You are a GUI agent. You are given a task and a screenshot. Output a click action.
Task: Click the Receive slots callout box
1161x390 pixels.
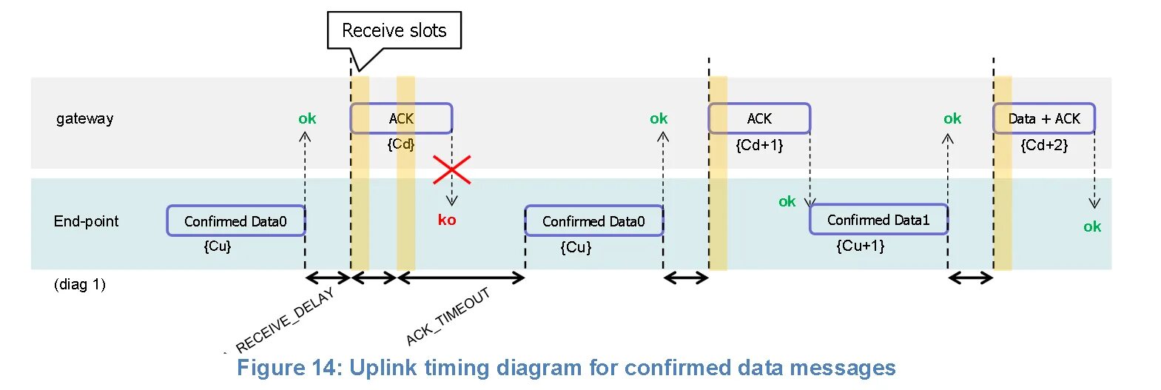[x=394, y=30]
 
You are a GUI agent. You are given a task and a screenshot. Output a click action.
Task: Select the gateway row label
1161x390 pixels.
[x=84, y=118]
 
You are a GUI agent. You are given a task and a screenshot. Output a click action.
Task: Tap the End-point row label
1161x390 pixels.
[x=86, y=221]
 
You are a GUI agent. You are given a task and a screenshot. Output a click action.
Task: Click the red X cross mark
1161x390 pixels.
[x=451, y=170]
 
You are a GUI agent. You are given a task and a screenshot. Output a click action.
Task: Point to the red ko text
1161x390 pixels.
[x=447, y=220]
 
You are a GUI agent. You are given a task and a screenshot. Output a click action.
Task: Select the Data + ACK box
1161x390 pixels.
[x=1043, y=118]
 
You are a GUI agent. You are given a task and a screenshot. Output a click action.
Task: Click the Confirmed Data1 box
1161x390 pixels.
[x=878, y=220]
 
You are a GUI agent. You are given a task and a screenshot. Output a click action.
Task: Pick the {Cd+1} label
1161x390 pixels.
[x=759, y=145]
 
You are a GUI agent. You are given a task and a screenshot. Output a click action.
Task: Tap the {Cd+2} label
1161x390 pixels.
[x=1044, y=145]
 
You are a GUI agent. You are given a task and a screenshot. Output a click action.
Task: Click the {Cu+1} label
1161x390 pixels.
[x=861, y=246]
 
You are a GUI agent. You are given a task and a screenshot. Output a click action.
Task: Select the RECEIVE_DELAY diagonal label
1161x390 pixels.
[x=286, y=320]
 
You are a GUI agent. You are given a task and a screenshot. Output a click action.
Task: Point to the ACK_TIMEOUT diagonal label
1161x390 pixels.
[x=448, y=317]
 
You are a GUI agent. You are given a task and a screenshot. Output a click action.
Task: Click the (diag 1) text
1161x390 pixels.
[x=80, y=284]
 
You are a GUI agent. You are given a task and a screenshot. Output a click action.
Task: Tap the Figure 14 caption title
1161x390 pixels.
[x=566, y=368]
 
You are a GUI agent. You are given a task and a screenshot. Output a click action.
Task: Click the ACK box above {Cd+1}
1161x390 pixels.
[x=759, y=118]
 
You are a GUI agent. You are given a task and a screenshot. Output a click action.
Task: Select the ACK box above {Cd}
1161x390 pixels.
[x=401, y=118]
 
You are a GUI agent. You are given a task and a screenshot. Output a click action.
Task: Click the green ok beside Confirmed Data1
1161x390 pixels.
[x=787, y=201]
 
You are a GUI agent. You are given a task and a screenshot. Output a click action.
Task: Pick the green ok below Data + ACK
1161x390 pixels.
[x=1092, y=226]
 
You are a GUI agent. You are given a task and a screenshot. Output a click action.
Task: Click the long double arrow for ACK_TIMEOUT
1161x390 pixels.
[x=461, y=278]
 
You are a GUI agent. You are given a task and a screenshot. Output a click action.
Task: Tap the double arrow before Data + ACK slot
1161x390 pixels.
[x=970, y=278]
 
